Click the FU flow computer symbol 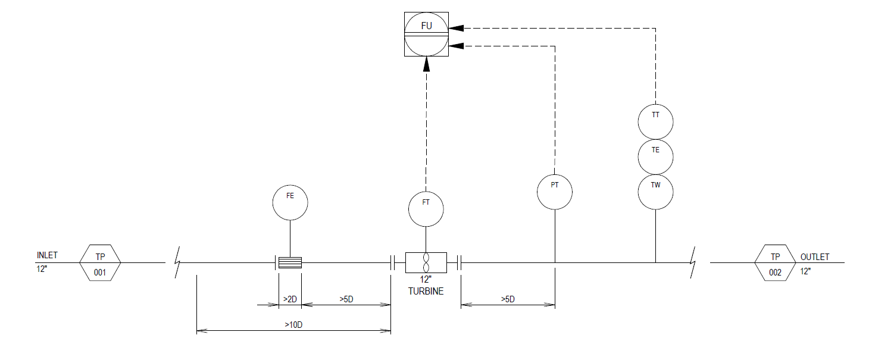click(426, 35)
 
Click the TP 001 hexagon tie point click(100, 262)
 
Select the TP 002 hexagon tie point click(775, 262)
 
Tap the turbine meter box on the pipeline click(426, 262)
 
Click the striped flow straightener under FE click(290, 262)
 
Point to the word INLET click(47, 255)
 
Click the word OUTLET click(815, 257)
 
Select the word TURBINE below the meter click(426, 291)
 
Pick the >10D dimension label click(293, 324)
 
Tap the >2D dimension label click(290, 299)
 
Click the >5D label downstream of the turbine click(508, 299)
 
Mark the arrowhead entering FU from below click(426, 64)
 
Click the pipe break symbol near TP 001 click(177, 262)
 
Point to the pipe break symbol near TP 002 click(693, 262)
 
